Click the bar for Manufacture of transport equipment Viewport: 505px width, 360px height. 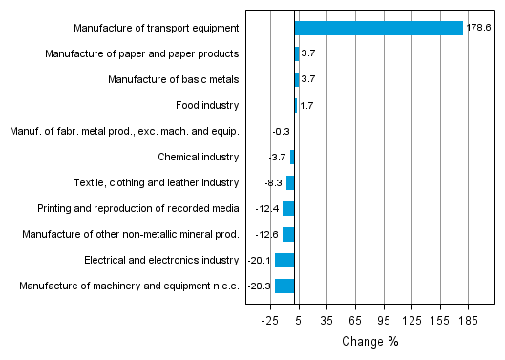click(x=379, y=29)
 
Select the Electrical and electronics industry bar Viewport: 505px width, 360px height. click(x=284, y=260)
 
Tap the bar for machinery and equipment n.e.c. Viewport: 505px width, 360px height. click(x=284, y=286)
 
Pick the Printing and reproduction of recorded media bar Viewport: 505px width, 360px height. click(x=288, y=208)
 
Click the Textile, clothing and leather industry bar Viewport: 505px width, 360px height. click(x=290, y=182)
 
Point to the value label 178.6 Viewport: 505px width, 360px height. click(x=478, y=29)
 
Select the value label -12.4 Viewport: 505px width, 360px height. click(x=267, y=208)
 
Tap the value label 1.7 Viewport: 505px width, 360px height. click(x=307, y=105)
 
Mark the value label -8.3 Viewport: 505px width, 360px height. click(x=273, y=182)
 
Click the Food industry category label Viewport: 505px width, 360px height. click(x=207, y=105)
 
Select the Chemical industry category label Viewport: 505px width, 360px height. click(x=198, y=157)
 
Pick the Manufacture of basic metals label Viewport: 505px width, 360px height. click(x=173, y=79)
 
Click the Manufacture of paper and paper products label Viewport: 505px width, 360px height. click(x=141, y=53)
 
